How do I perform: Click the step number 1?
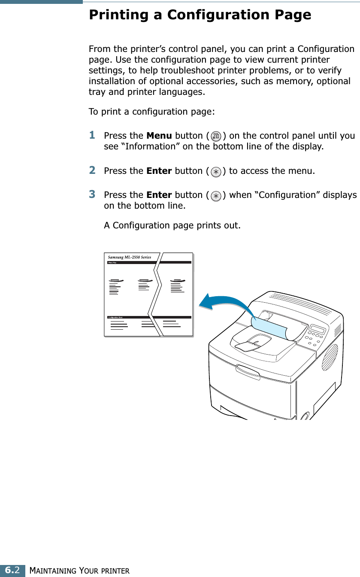pyautogui.click(x=92, y=135)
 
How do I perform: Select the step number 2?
pyautogui.click(x=92, y=170)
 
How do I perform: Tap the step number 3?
pyautogui.click(x=92, y=194)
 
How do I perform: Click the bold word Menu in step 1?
pyautogui.click(x=159, y=136)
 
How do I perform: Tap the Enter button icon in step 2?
pyautogui.click(x=217, y=172)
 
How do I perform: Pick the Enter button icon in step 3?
pyautogui.click(x=217, y=196)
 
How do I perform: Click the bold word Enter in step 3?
pyautogui.click(x=159, y=195)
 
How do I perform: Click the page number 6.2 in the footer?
pyautogui.click(x=12, y=571)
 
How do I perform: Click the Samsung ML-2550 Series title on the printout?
pyautogui.click(x=129, y=257)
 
